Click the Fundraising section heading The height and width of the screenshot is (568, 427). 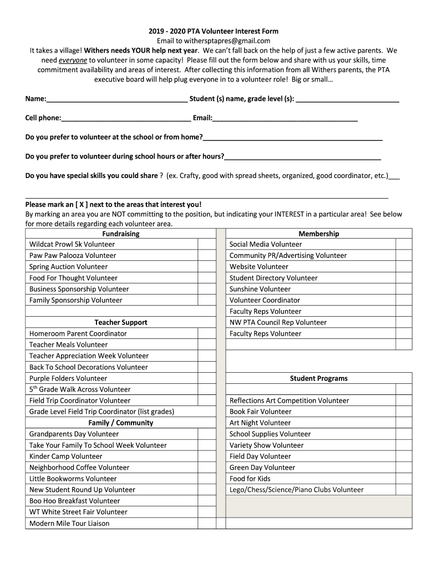[121, 234]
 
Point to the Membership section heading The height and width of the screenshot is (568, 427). [319, 234]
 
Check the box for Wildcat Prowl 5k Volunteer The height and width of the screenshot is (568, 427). [207, 245]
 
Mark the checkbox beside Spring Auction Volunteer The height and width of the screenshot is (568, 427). [207, 267]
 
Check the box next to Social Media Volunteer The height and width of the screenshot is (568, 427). [404, 245]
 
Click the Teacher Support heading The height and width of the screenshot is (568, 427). [121, 322]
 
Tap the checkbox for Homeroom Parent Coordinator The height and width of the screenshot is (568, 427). [207, 334]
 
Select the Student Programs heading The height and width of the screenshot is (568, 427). [319, 378]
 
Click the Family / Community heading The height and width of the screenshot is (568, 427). [121, 423]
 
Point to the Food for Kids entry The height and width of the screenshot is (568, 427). [250, 479]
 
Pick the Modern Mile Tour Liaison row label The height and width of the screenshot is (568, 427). [69, 523]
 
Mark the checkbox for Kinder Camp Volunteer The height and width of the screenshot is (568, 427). [207, 457]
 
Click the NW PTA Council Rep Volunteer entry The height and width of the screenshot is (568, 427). [278, 322]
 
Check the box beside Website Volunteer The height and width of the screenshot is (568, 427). [404, 267]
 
